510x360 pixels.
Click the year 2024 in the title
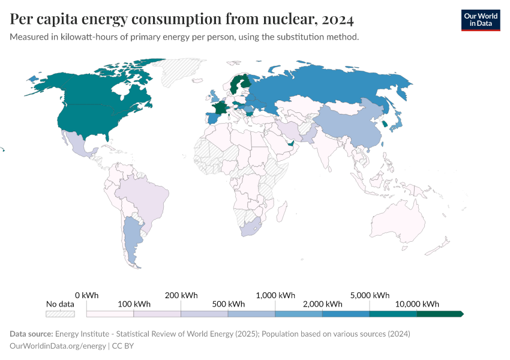[337, 19]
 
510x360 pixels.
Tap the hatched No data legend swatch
[60, 314]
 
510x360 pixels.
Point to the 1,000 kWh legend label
[275, 295]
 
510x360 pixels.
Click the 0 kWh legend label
[86, 295]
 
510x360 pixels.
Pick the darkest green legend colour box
[439, 314]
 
